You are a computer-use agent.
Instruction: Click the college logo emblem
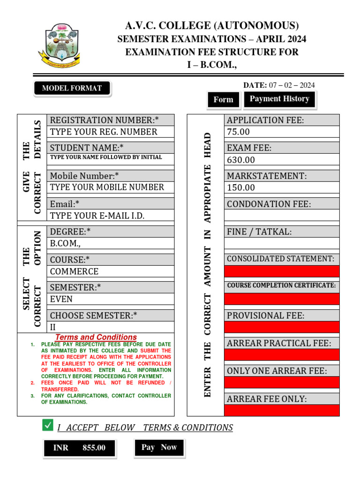59,45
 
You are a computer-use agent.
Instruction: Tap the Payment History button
279,99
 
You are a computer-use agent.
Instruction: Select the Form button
223,99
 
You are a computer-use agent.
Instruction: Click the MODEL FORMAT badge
72,88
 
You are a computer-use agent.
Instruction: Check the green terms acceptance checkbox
47,425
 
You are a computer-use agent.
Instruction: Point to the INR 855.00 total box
79,448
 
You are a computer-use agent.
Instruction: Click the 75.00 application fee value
281,132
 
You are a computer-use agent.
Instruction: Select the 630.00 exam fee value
281,160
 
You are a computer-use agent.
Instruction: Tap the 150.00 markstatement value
281,187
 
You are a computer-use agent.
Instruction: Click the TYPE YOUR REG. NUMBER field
110,132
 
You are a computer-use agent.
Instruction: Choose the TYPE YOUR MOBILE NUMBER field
110,187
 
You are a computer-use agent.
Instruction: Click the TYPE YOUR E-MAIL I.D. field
110,216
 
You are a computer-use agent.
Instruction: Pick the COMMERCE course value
110,271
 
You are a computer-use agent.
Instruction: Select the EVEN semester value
110,299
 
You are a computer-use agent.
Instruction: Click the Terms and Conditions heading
96,337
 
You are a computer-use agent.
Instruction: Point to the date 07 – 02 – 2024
291,85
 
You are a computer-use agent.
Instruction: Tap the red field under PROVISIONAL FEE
281,327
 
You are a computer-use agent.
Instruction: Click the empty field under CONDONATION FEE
281,215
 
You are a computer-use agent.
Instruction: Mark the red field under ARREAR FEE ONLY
281,411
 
